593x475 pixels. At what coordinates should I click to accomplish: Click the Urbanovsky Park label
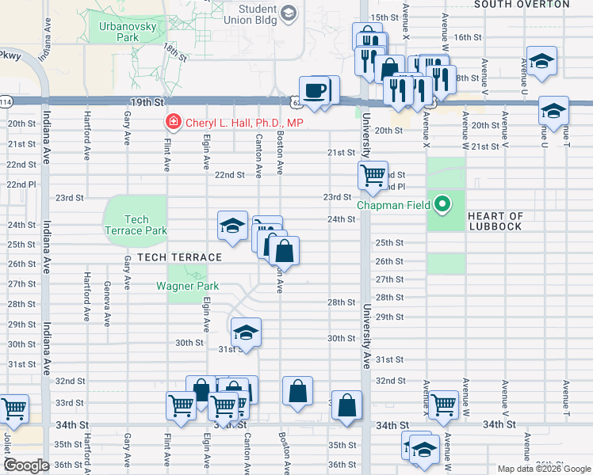pos(118,31)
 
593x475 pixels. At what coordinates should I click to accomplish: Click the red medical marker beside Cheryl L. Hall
pos(171,122)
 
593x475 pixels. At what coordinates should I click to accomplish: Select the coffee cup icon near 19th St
pos(315,89)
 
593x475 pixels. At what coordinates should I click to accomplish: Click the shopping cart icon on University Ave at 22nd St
pos(372,173)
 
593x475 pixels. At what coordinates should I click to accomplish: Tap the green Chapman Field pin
pos(444,205)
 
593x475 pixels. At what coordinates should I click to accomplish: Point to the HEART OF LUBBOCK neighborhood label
pos(495,221)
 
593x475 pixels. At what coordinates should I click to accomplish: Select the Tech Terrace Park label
pos(136,225)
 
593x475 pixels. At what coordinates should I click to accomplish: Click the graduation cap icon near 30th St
pos(246,332)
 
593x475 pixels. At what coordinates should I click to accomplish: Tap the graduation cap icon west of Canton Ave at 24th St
pos(232,226)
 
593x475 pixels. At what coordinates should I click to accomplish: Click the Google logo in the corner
pos(27,465)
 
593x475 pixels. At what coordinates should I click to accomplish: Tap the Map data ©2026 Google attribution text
pos(543,469)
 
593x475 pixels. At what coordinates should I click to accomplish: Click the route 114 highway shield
pos(6,103)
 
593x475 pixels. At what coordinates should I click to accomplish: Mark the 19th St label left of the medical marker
pos(147,103)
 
